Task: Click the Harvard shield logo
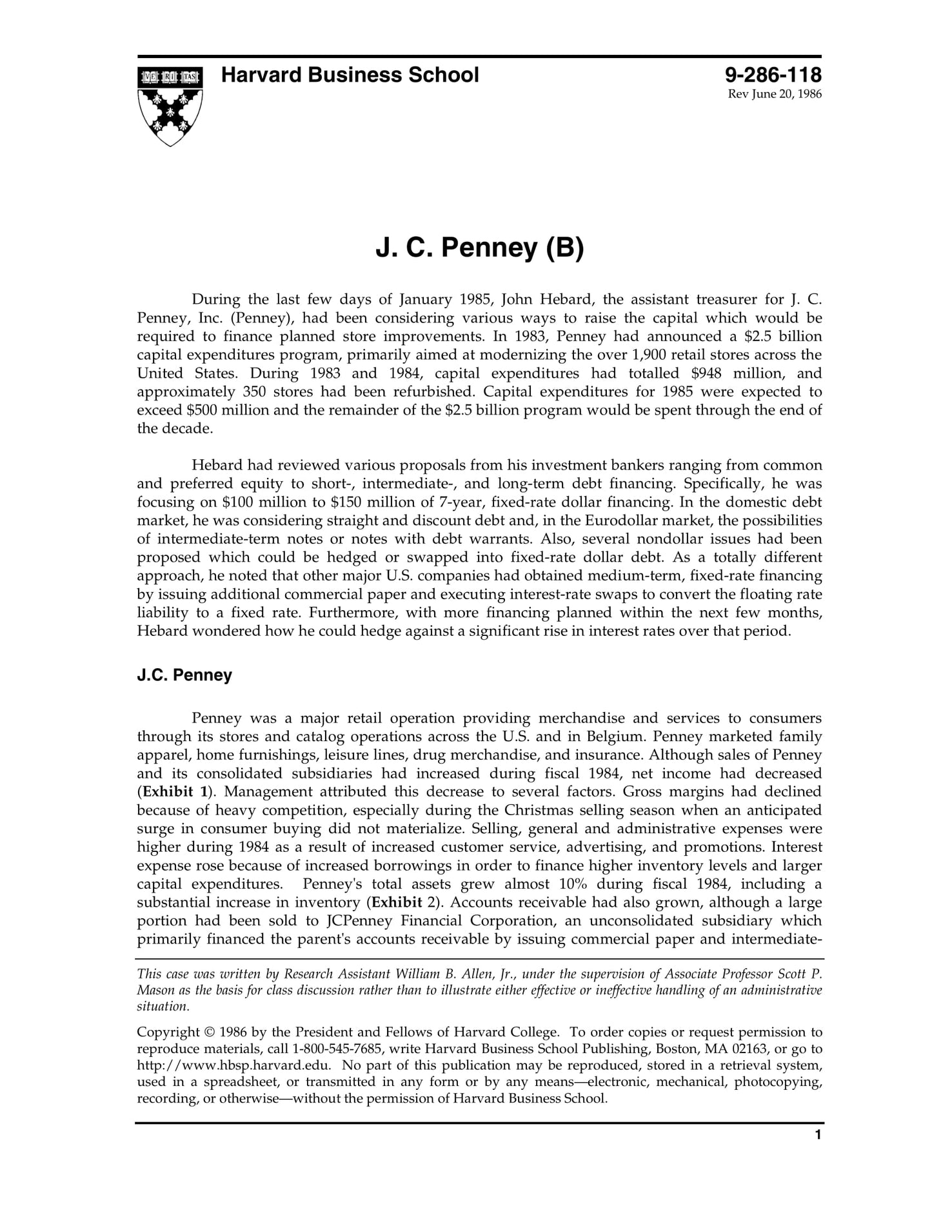(x=170, y=105)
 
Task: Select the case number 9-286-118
(x=773, y=75)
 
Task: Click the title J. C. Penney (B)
(x=479, y=248)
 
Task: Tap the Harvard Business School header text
(x=350, y=75)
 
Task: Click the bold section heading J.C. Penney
(x=184, y=675)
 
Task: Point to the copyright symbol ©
(x=210, y=1032)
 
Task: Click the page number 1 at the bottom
(x=818, y=1153)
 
